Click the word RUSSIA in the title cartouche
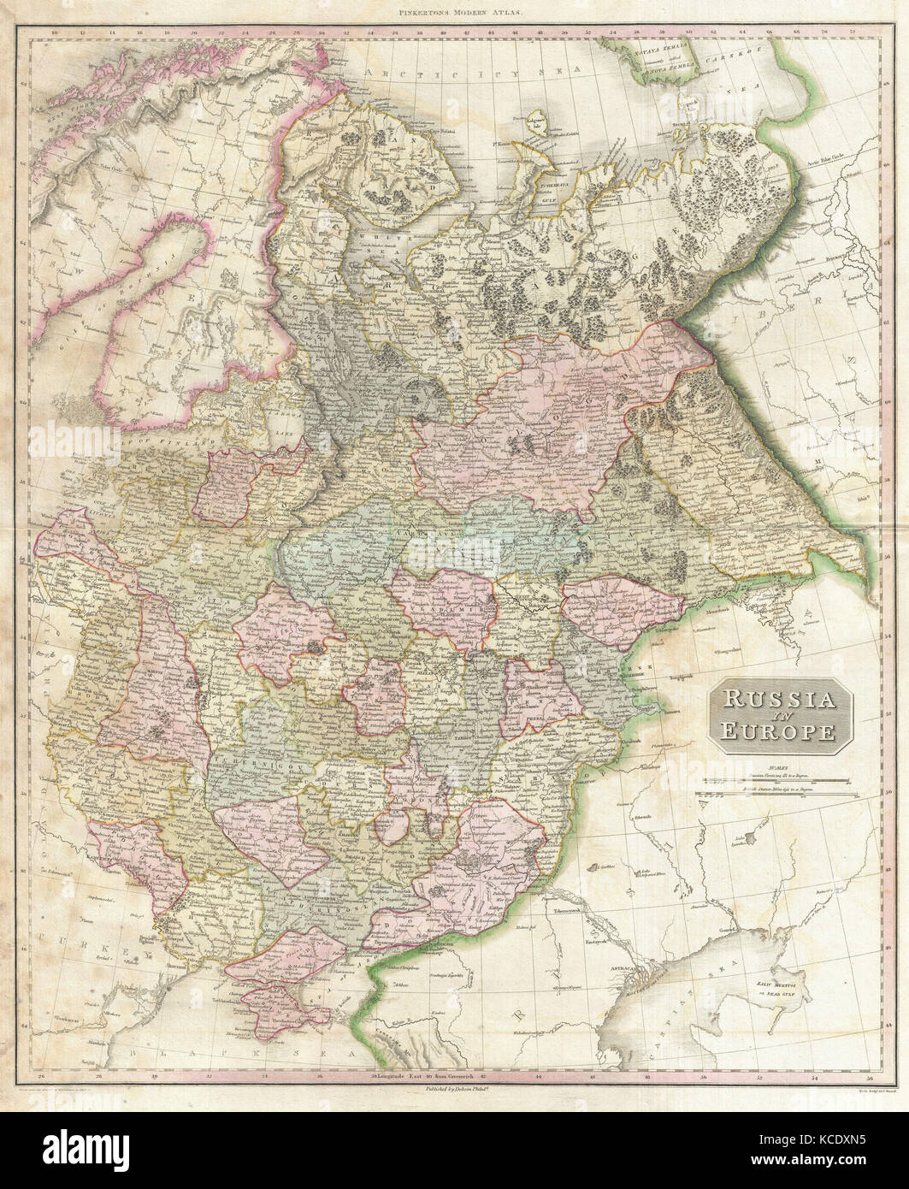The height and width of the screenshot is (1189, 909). coord(781,700)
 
